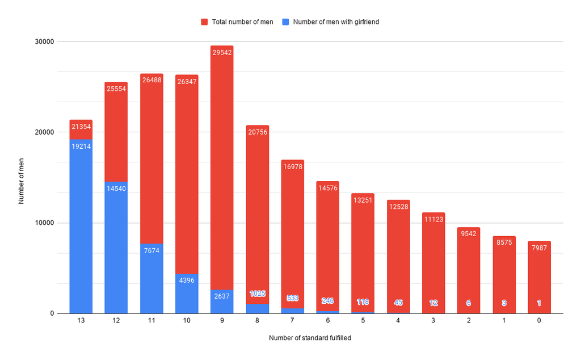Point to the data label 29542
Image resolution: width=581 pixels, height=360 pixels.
click(x=221, y=52)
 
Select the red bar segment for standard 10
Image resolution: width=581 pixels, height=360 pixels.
click(x=187, y=170)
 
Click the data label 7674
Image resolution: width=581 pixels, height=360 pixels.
click(x=151, y=250)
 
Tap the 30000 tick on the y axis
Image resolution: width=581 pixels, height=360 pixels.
click(x=44, y=41)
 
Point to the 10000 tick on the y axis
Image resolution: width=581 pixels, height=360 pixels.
click(x=44, y=223)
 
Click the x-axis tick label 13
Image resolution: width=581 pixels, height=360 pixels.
click(x=81, y=321)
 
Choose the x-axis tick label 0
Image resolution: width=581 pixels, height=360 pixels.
click(x=539, y=321)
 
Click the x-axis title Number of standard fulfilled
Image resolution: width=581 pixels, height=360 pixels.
click(x=310, y=338)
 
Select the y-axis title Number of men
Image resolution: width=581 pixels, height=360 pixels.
click(x=22, y=178)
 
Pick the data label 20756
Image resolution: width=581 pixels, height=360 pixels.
click(x=257, y=132)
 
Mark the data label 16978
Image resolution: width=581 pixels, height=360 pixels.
click(x=292, y=166)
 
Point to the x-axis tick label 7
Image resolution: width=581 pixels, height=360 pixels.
click(x=292, y=321)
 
